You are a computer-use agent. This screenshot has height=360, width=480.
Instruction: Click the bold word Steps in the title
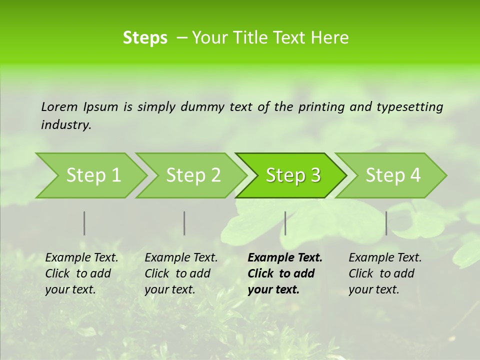(145, 38)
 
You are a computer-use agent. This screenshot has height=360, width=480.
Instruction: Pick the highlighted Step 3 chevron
(293, 175)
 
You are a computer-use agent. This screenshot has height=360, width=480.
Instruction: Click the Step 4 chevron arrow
(393, 175)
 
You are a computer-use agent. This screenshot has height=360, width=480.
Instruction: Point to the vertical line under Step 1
(84, 223)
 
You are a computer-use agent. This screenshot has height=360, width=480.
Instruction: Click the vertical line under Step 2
(184, 223)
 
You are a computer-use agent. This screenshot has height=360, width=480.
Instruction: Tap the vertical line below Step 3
(285, 223)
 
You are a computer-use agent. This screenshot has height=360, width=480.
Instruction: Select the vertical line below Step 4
(386, 223)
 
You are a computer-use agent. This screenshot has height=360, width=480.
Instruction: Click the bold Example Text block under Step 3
(285, 273)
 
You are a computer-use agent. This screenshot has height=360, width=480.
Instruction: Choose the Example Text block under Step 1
(81, 273)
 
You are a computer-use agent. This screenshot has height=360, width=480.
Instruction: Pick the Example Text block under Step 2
(181, 273)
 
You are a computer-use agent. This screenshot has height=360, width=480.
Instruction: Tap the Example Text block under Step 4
(385, 273)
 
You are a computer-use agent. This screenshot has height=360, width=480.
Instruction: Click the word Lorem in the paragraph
(59, 106)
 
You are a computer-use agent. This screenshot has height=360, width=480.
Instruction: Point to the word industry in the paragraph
(66, 125)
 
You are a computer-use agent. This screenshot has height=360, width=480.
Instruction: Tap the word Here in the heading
(331, 38)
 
